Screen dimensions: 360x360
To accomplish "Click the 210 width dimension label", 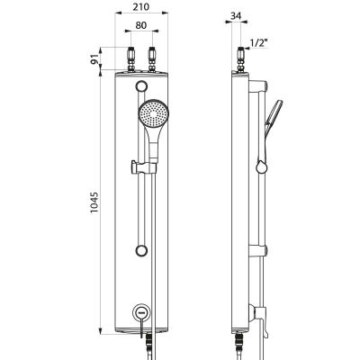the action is point(141,6).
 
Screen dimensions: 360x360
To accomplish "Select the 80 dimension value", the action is point(141,25).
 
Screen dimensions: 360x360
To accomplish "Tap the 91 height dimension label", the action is point(95,59).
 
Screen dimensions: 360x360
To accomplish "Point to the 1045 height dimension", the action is point(94,202).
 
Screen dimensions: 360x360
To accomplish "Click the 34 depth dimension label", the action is point(237,16).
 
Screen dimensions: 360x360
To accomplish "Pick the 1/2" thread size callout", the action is point(258,43).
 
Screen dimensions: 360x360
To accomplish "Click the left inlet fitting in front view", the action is point(131,59).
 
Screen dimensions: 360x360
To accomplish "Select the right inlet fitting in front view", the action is point(152,59).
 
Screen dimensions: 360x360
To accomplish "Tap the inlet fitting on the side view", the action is point(241,59).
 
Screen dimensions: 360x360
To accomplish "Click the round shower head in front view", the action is point(153,114).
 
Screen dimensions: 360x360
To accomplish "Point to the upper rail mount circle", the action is point(141,86).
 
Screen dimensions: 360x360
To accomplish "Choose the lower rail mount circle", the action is point(141,250).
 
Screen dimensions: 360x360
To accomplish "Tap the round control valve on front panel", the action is point(141,312).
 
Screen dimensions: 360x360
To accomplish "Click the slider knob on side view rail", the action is point(261,166).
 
